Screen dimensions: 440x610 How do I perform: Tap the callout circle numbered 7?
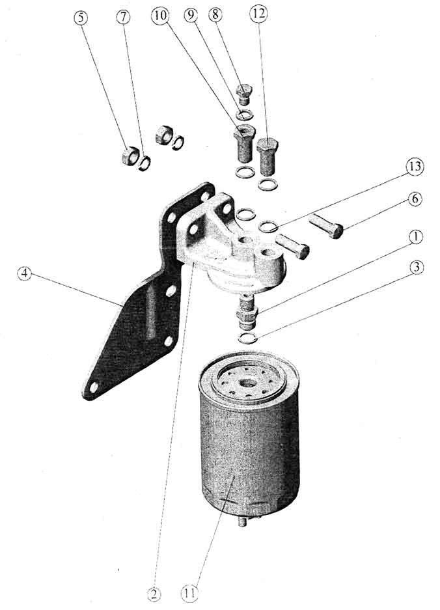tap(123, 18)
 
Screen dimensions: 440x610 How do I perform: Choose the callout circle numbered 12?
tap(258, 14)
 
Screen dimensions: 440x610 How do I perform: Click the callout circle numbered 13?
tap(415, 167)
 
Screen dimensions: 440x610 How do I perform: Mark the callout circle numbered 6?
tap(415, 199)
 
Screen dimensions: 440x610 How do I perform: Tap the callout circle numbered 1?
tap(415, 236)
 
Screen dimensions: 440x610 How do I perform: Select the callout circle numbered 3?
tap(416, 268)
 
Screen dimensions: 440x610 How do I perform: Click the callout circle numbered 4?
tap(25, 274)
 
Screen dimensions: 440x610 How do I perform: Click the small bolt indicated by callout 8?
tap(244, 94)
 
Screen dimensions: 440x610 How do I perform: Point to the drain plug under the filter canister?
tap(242, 522)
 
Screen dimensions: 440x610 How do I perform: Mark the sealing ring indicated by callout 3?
tap(248, 339)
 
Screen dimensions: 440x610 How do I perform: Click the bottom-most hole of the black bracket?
tap(94, 387)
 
